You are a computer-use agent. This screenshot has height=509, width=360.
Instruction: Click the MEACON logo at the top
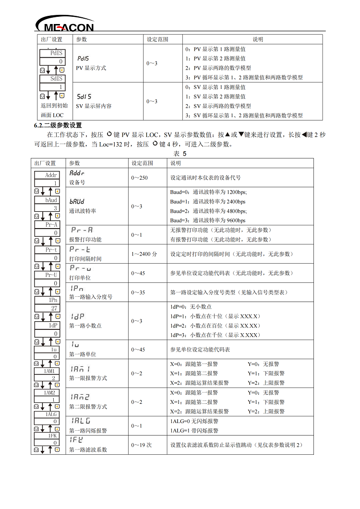[65, 24]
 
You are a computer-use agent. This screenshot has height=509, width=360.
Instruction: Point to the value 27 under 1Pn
[55, 308]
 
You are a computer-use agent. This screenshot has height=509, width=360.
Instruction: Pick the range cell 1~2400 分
[144, 254]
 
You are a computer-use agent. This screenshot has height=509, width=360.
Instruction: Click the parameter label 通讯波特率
[83, 210]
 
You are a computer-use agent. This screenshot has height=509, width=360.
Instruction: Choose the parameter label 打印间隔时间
[85, 259]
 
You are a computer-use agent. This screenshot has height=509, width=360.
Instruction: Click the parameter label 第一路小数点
[85, 326]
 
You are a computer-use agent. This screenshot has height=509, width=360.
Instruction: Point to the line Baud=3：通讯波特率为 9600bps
[208, 220]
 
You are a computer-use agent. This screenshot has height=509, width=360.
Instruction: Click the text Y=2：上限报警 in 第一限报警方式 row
[266, 383]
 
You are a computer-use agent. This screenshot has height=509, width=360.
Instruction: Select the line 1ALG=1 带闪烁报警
[194, 431]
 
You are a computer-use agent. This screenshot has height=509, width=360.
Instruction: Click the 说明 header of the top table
[258, 39]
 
